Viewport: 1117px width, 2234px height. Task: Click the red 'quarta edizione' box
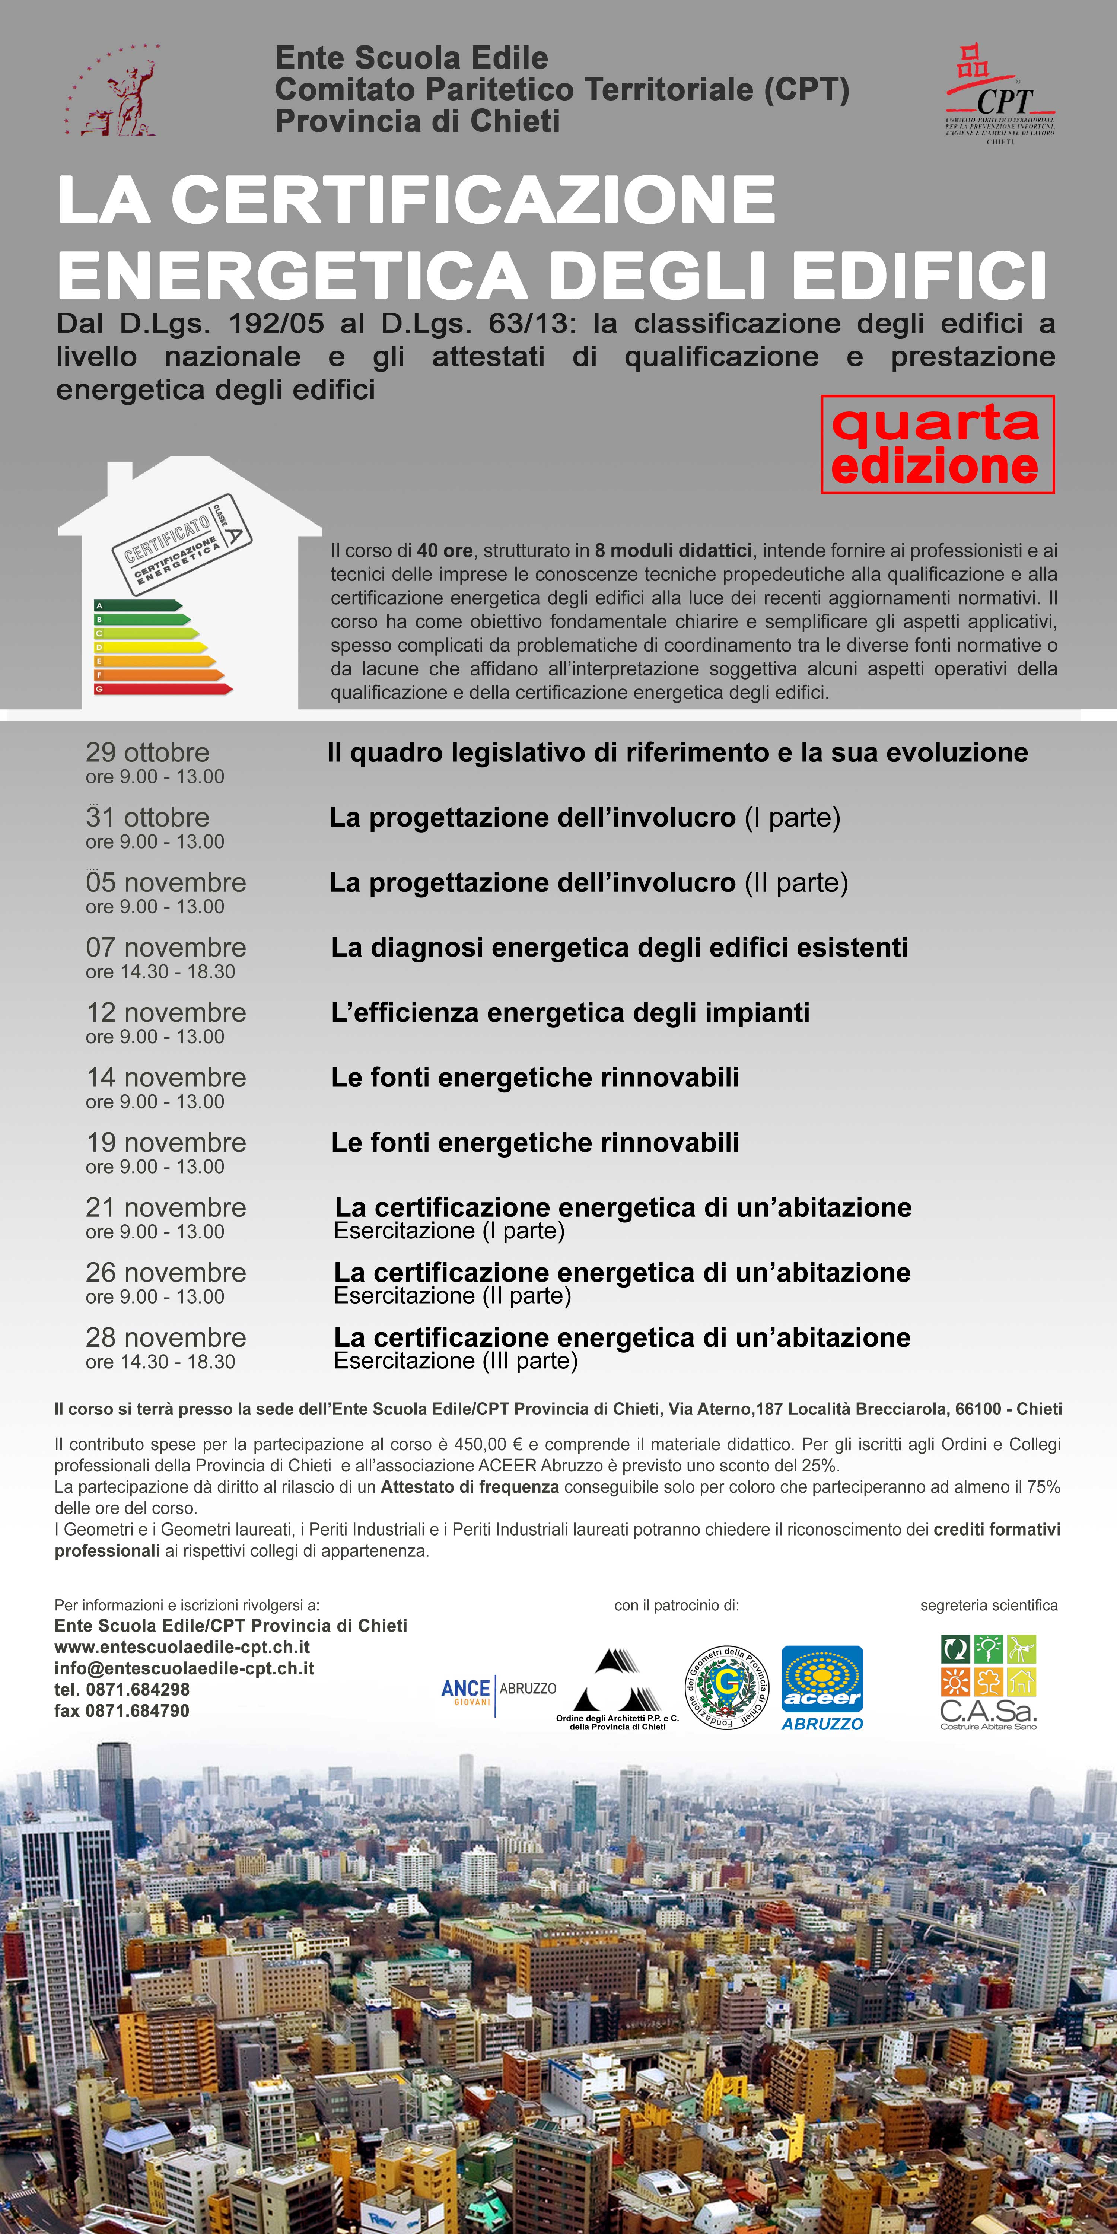pyautogui.click(x=938, y=444)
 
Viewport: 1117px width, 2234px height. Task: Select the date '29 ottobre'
pyautogui.click(x=147, y=752)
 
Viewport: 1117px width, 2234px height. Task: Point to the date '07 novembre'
pyautogui.click(x=166, y=947)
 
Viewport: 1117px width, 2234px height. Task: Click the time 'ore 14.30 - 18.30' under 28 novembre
pyautogui.click(x=160, y=1362)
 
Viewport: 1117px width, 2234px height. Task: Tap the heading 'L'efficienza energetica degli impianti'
pyautogui.click(x=570, y=1012)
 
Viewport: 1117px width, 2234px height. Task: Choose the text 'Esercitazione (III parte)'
pyautogui.click(x=455, y=1360)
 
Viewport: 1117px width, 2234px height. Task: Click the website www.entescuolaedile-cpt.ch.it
pyautogui.click(x=182, y=1647)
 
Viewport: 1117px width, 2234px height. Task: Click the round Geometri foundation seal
pyautogui.click(x=727, y=1687)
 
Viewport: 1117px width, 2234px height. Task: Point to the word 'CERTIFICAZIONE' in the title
pyautogui.click(x=472, y=200)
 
